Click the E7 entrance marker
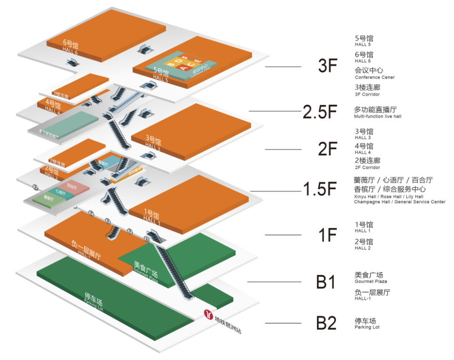[35, 187]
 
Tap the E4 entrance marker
[91, 214]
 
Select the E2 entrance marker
[130, 231]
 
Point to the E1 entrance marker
[147, 239]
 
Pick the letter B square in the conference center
[171, 64]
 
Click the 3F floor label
[328, 66]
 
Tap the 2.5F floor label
[320, 111]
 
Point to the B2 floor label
[327, 323]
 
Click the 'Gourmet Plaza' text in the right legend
[371, 281]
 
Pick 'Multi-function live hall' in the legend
[377, 116]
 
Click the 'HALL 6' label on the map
[70, 52]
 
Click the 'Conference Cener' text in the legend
[375, 77]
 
